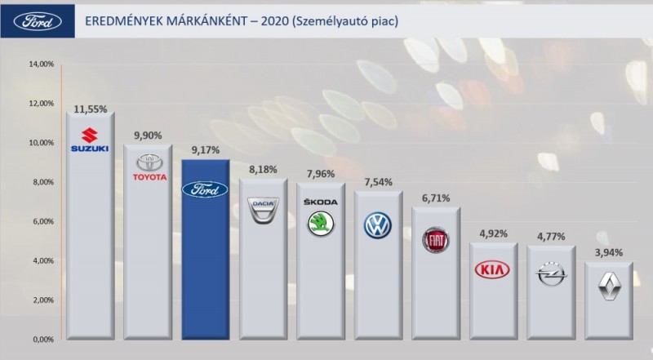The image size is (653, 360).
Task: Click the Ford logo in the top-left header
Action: (x=33, y=20)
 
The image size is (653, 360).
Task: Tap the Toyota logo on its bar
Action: (x=148, y=167)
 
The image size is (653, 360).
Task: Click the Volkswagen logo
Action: (x=378, y=224)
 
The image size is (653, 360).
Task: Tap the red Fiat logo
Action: (x=436, y=239)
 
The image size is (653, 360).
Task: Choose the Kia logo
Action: (x=493, y=269)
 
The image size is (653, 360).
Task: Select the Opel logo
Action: (x=551, y=278)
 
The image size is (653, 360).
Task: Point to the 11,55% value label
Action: (x=90, y=108)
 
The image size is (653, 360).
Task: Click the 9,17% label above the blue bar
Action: (x=205, y=150)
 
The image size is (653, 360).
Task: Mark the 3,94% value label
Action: (x=608, y=252)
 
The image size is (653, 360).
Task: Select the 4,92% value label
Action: (x=493, y=233)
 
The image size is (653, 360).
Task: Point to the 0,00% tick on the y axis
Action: (x=42, y=339)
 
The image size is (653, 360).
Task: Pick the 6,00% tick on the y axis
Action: (x=42, y=221)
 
